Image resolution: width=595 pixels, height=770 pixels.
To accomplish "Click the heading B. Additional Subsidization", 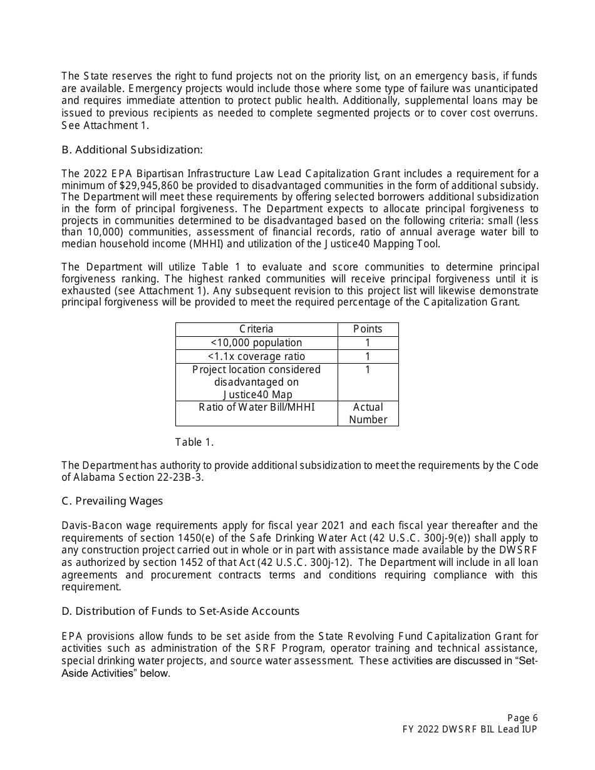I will [132, 150].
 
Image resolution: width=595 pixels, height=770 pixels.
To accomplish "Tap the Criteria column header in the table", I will [256, 329].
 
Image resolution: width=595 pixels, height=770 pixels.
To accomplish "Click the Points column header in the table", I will [368, 329].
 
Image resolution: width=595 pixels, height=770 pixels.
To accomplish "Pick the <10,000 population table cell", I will [256, 343].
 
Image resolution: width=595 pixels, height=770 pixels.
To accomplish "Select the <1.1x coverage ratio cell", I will [256, 357].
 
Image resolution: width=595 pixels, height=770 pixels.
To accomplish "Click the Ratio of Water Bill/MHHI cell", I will [256, 408].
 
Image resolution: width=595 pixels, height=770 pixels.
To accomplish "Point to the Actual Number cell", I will [368, 413].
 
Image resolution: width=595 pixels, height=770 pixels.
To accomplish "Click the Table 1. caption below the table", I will [194, 443].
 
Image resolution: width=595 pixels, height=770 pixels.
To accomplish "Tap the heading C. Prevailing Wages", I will [112, 501].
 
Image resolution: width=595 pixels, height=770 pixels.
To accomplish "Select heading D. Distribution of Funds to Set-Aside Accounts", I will [180, 611].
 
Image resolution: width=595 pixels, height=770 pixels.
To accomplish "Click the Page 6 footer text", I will [522, 718].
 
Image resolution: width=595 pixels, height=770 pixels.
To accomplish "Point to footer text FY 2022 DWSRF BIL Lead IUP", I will [470, 729].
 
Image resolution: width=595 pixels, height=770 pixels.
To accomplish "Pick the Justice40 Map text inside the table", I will [256, 394].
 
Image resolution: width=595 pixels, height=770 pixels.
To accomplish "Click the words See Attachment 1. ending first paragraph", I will [105, 125].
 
